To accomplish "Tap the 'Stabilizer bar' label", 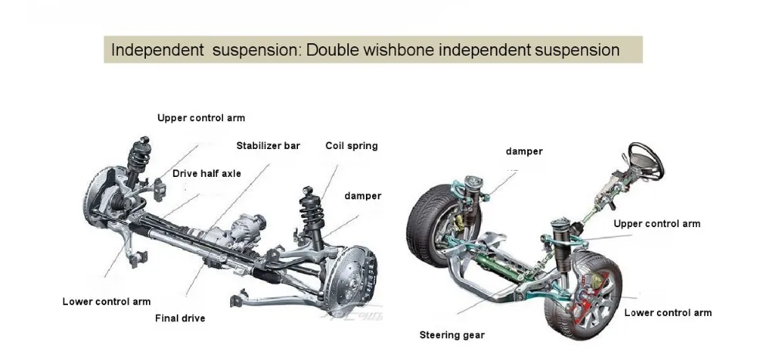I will coord(267,145).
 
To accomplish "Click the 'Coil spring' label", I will coord(351,145).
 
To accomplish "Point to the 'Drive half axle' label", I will coord(206,174).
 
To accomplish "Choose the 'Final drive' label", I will coord(180,318).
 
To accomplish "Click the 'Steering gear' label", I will coord(452,335).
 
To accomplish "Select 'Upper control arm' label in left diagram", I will coord(201,118).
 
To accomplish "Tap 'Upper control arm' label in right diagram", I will coord(656,224).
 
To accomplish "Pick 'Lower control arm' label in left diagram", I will coord(107,301).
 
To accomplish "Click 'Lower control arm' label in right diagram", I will coord(667,313).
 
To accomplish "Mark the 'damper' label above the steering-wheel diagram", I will coord(523,151).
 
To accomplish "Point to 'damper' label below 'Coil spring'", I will coord(362,196).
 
